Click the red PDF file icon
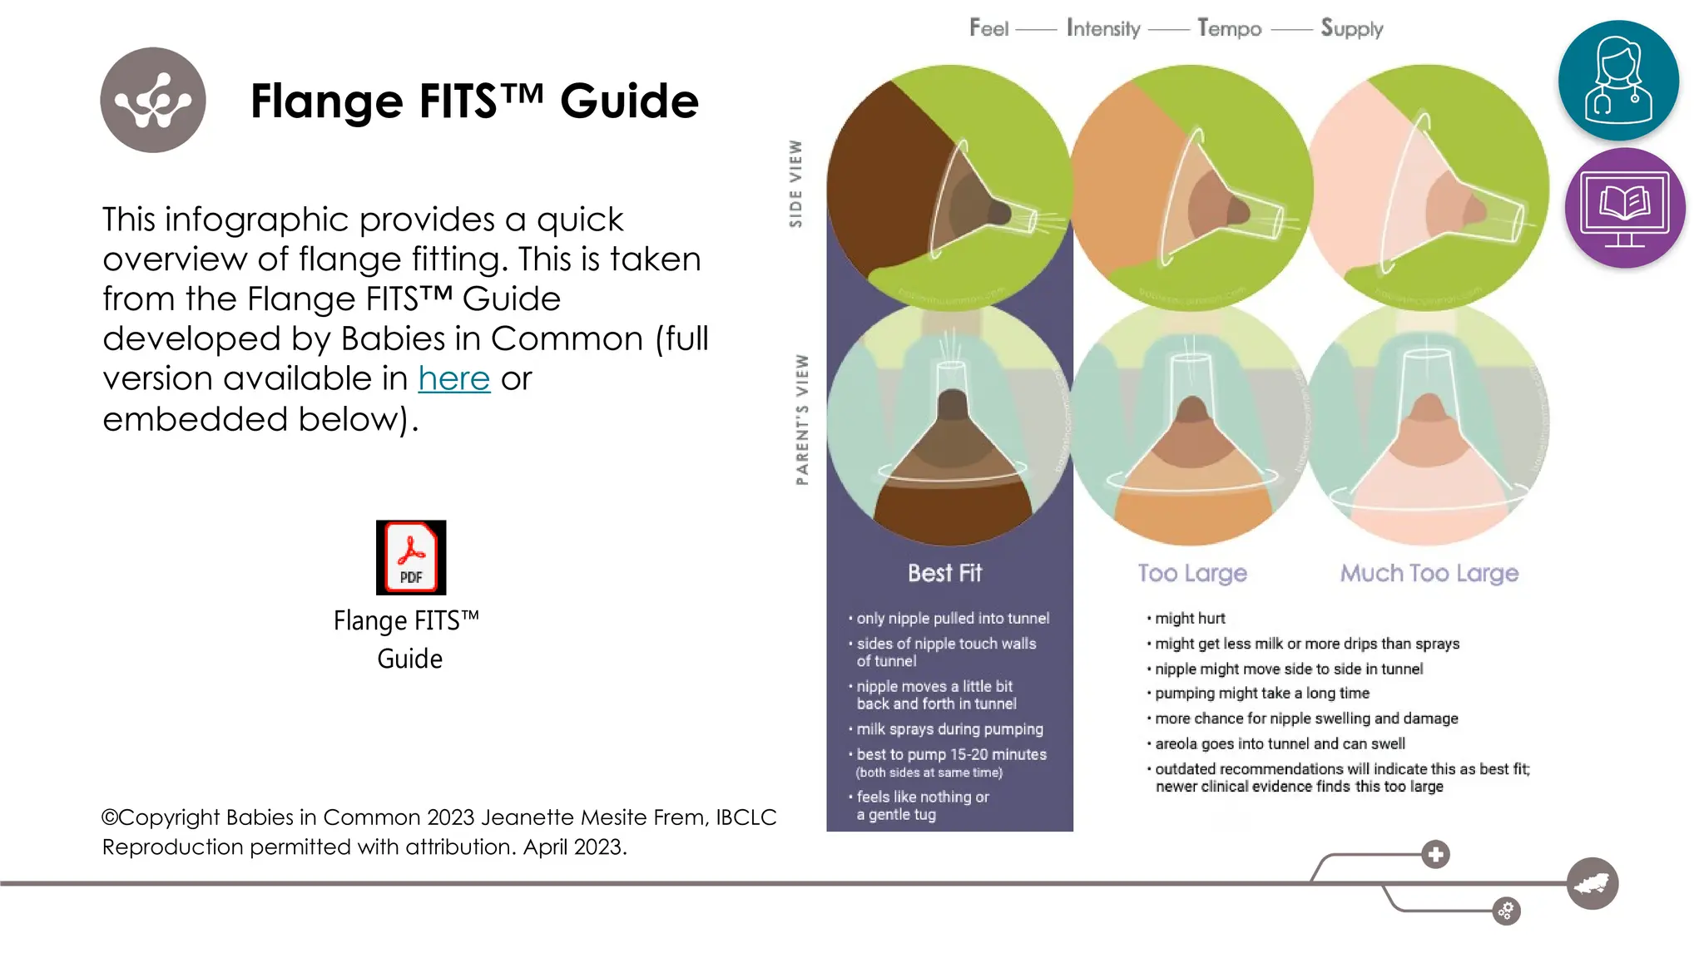[x=411, y=557]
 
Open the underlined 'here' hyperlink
[x=453, y=379]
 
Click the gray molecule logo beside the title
[x=153, y=100]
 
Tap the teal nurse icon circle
[x=1617, y=80]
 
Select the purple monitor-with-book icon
[x=1624, y=208]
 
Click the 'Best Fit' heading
[x=944, y=573]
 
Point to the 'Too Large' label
[x=1192, y=573]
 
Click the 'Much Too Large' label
[x=1429, y=573]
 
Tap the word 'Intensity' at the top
[x=1103, y=29]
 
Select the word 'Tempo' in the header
[x=1229, y=29]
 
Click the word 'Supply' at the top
[x=1351, y=29]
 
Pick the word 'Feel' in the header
[x=988, y=29]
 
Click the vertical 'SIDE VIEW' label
[x=796, y=184]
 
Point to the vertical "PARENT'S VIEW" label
[x=801, y=419]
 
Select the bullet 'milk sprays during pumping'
[x=949, y=729]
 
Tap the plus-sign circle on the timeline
[x=1435, y=854]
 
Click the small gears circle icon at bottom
[x=1506, y=911]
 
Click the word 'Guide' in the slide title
[x=629, y=101]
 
